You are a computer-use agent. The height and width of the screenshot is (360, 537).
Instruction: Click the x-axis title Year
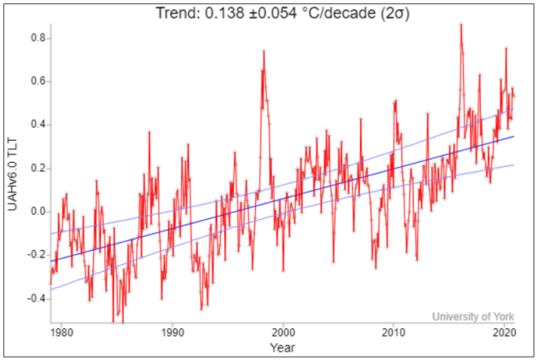coord(282,346)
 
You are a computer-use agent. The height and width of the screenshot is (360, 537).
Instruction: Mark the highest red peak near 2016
coord(461,24)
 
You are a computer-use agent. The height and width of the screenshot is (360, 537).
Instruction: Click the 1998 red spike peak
coord(263,51)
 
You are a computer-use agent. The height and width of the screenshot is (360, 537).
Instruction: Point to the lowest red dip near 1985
coord(123,321)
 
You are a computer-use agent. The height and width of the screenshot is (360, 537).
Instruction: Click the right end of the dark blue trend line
coord(514,136)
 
